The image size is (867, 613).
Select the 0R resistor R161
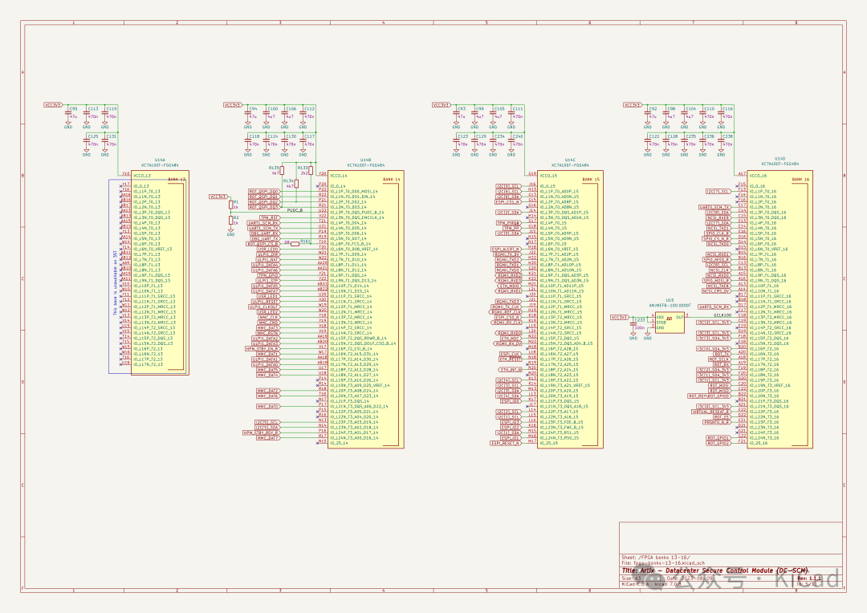tap(304, 242)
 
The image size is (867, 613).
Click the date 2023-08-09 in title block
tap(689, 578)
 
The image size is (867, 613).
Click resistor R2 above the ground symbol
tap(230, 220)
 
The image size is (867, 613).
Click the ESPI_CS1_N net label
tap(507, 201)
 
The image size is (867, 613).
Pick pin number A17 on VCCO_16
tap(741, 173)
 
